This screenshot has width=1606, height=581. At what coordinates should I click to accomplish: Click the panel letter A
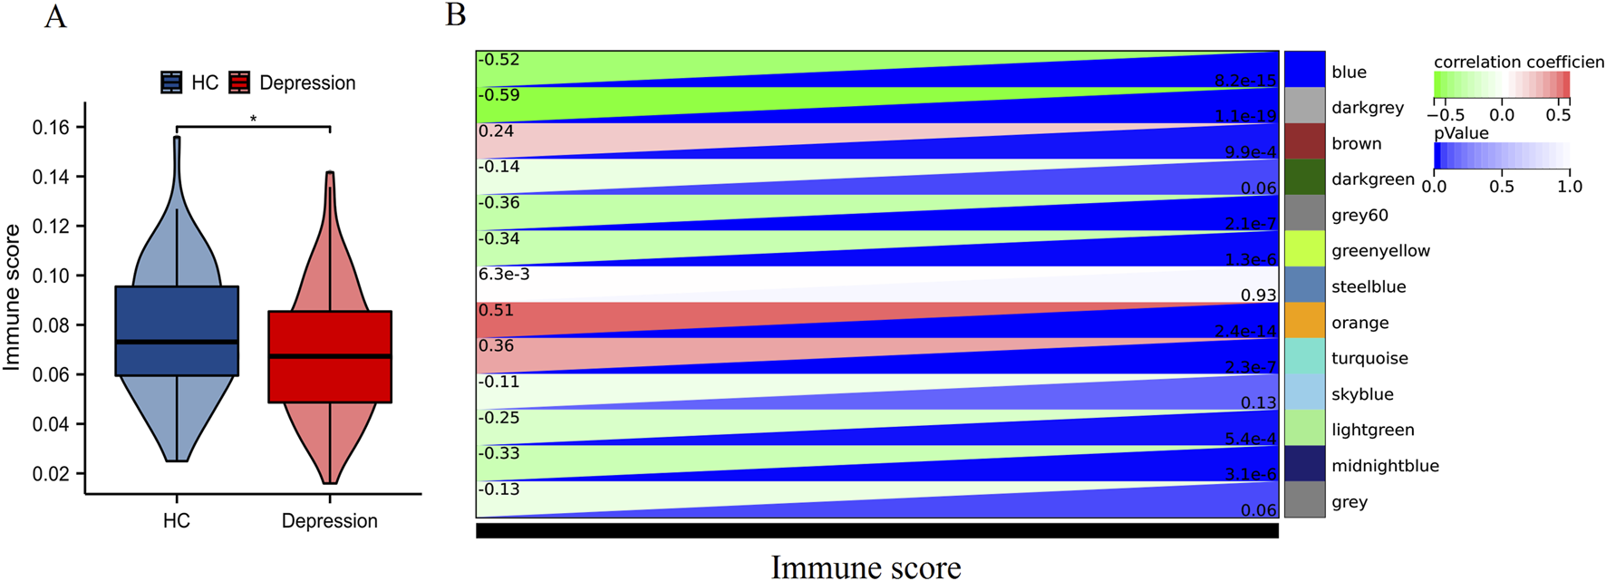[55, 16]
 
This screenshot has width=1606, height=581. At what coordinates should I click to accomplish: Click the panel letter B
[456, 15]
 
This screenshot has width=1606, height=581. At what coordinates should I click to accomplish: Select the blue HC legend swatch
[172, 82]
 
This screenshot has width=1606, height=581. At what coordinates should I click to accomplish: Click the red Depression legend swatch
[239, 82]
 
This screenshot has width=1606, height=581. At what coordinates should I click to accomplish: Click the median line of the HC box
[177, 342]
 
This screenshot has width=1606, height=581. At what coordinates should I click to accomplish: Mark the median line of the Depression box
[330, 356]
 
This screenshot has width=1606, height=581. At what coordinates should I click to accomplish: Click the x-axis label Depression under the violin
[329, 521]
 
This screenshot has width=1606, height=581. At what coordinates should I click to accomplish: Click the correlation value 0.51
[496, 311]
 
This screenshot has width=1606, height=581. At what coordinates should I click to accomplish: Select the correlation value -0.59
[498, 95]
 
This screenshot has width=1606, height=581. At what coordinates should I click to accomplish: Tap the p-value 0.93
[1258, 295]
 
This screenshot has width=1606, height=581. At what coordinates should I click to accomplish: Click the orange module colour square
[1304, 321]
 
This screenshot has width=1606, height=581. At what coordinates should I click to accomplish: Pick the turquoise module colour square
[1304, 356]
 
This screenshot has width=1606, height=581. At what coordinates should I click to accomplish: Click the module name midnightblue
[1385, 466]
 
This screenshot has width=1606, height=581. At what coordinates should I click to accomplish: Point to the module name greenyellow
[1380, 251]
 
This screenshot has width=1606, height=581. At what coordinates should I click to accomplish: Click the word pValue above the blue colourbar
[1461, 133]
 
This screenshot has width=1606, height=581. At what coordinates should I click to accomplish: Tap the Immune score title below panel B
[866, 567]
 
